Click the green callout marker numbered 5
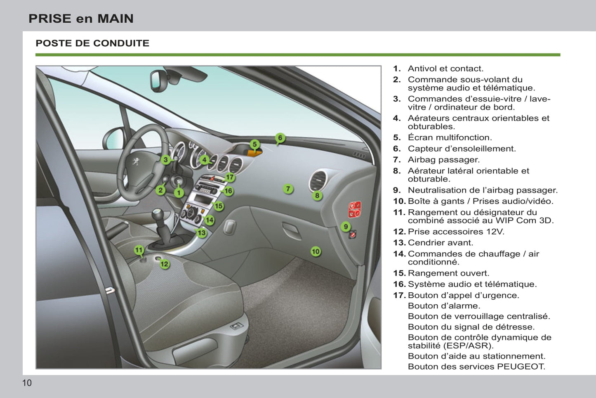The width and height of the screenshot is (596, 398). click(x=254, y=145)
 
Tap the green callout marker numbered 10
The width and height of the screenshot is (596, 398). click(x=316, y=251)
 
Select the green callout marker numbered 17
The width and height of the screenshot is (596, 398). click(x=230, y=177)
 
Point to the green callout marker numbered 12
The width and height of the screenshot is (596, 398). click(x=165, y=264)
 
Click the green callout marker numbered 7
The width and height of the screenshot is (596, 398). click(x=288, y=189)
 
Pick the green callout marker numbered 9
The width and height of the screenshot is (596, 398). click(x=346, y=227)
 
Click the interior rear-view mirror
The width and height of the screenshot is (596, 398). click(x=158, y=81)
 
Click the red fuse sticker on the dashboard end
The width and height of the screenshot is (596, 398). click(x=355, y=209)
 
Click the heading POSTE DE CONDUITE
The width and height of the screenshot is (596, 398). click(x=92, y=43)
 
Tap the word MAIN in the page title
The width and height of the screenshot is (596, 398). click(x=115, y=19)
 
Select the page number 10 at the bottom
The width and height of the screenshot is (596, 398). click(x=27, y=383)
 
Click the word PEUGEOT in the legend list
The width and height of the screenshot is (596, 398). click(x=521, y=367)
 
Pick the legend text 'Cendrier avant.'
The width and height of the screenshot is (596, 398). click(x=441, y=243)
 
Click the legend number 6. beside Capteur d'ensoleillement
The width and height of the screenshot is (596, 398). click(x=397, y=149)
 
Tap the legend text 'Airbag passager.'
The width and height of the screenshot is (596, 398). click(x=443, y=160)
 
